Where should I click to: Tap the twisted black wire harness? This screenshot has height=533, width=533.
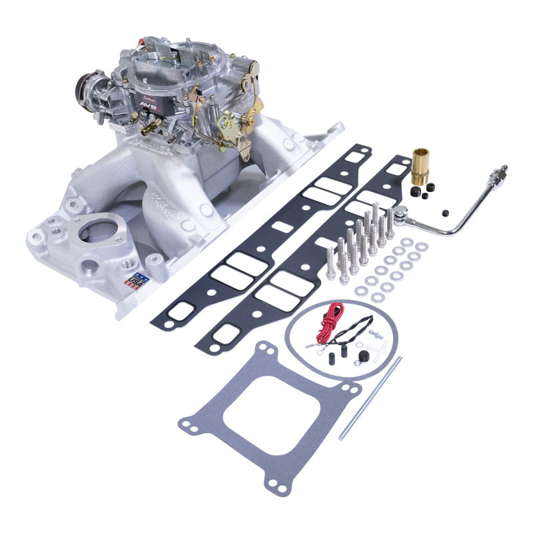(354, 329)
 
